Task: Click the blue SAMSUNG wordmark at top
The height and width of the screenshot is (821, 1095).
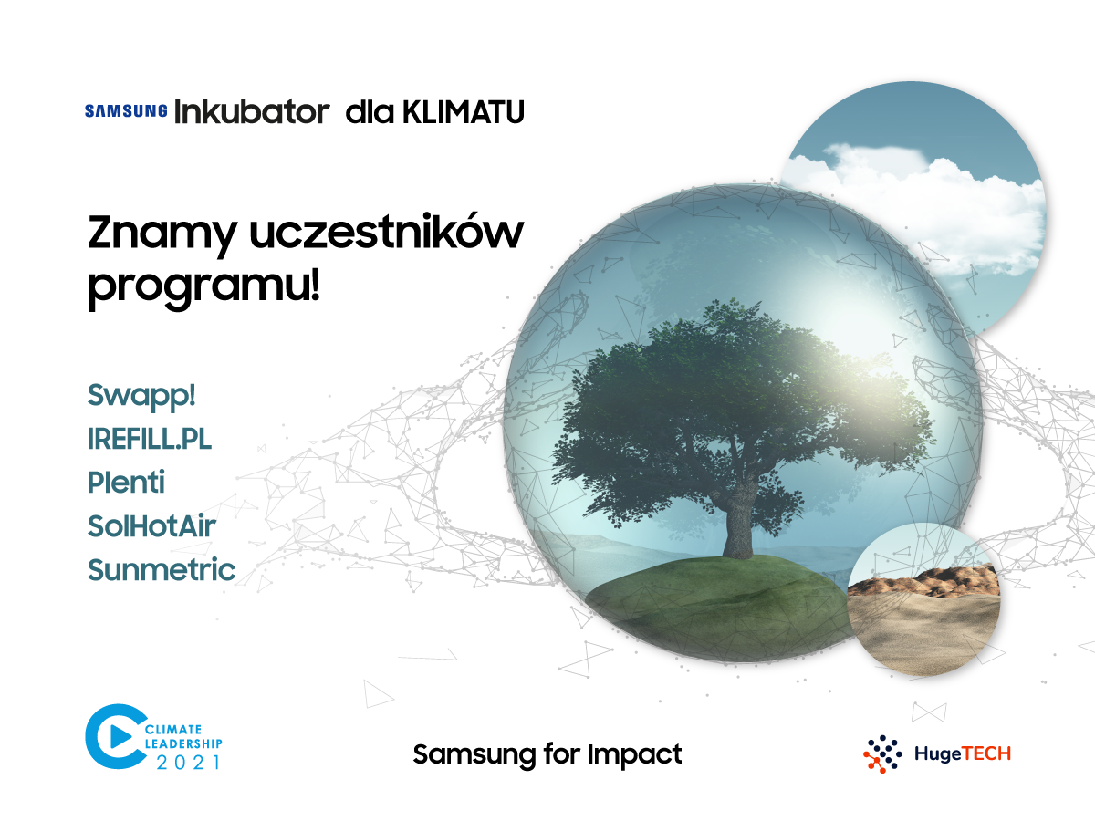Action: point(126,110)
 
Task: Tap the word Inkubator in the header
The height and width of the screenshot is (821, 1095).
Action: point(252,111)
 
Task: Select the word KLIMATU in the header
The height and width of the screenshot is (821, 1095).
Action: point(464,111)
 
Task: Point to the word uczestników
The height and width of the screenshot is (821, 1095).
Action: point(387,231)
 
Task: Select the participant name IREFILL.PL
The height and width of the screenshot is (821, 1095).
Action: point(150,439)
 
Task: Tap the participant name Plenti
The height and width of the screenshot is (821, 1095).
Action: point(126,482)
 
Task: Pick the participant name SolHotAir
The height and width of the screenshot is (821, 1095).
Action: point(151,526)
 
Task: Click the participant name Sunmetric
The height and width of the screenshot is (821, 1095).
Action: point(162,570)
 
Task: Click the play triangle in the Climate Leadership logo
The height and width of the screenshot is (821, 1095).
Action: point(120,737)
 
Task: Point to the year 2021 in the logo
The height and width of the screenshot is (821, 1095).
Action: point(188,763)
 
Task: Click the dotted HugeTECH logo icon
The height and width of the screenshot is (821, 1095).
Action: point(882,753)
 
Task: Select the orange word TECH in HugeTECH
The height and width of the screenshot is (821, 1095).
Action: point(985,753)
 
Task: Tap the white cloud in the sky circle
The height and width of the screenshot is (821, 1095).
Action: point(918,204)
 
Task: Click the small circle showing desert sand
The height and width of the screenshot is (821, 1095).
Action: point(923,599)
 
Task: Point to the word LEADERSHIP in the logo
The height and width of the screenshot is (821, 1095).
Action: point(183,743)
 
